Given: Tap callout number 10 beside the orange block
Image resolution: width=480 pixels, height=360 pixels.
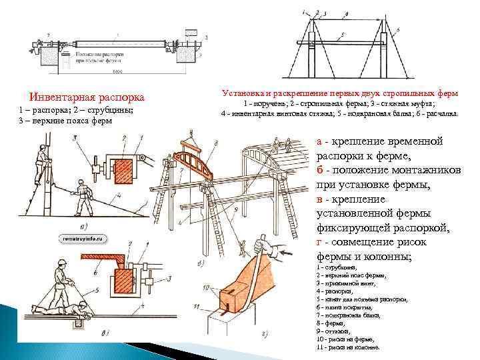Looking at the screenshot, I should click(207, 287).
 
